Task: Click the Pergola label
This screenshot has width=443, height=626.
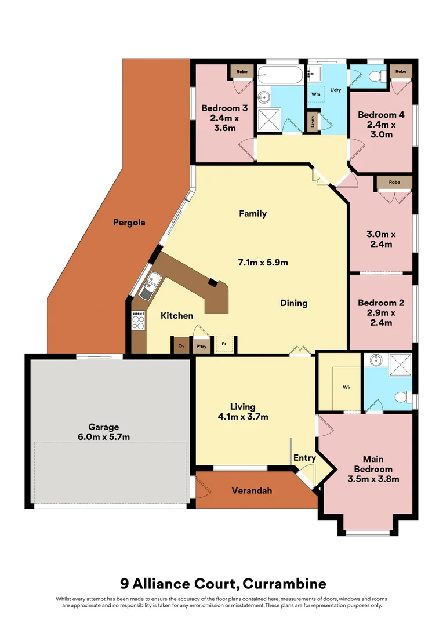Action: coord(129,222)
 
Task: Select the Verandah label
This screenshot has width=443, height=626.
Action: coord(252,490)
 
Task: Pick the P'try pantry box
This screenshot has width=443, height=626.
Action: coord(201,345)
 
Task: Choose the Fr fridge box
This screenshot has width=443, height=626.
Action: coord(223,344)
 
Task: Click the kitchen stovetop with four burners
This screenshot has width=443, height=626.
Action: coord(139,321)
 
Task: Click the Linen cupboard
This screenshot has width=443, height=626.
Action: coord(313,121)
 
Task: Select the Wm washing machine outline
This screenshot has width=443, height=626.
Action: coord(316,93)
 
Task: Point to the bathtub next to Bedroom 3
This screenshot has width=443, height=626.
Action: coord(279,76)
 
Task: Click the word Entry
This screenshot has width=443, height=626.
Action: coord(304,458)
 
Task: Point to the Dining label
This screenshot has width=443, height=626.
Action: coord(293,303)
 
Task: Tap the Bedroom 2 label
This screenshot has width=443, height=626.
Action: coord(381,303)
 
